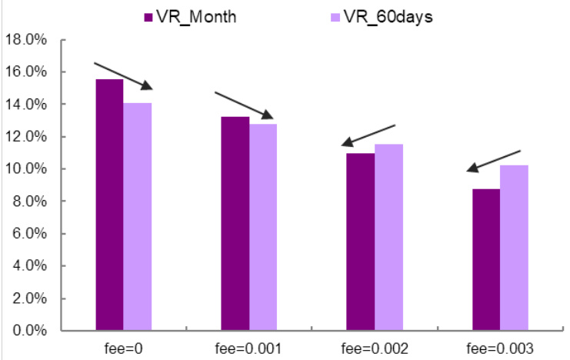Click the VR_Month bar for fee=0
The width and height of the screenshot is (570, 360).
[109, 205]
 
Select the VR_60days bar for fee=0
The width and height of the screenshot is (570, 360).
[138, 217]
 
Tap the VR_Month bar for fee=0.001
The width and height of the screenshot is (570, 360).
[235, 224]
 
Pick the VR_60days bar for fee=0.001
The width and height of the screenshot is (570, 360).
[263, 228]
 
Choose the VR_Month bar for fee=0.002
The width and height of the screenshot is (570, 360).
[360, 242]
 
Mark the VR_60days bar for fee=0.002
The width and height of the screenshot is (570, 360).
[388, 238]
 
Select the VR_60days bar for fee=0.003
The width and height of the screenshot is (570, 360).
[514, 248]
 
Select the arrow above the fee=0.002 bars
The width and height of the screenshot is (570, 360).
[368, 135]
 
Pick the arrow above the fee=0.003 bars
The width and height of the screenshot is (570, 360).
[494, 160]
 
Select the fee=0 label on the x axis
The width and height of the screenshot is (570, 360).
[123, 348]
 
